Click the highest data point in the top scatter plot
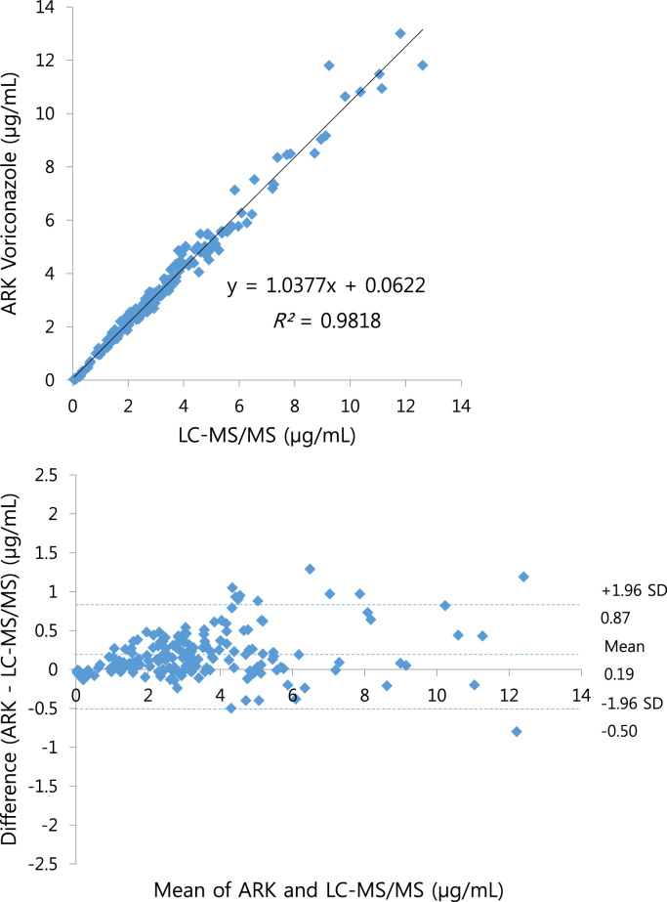click(399, 33)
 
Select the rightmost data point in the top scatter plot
click(422, 65)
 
